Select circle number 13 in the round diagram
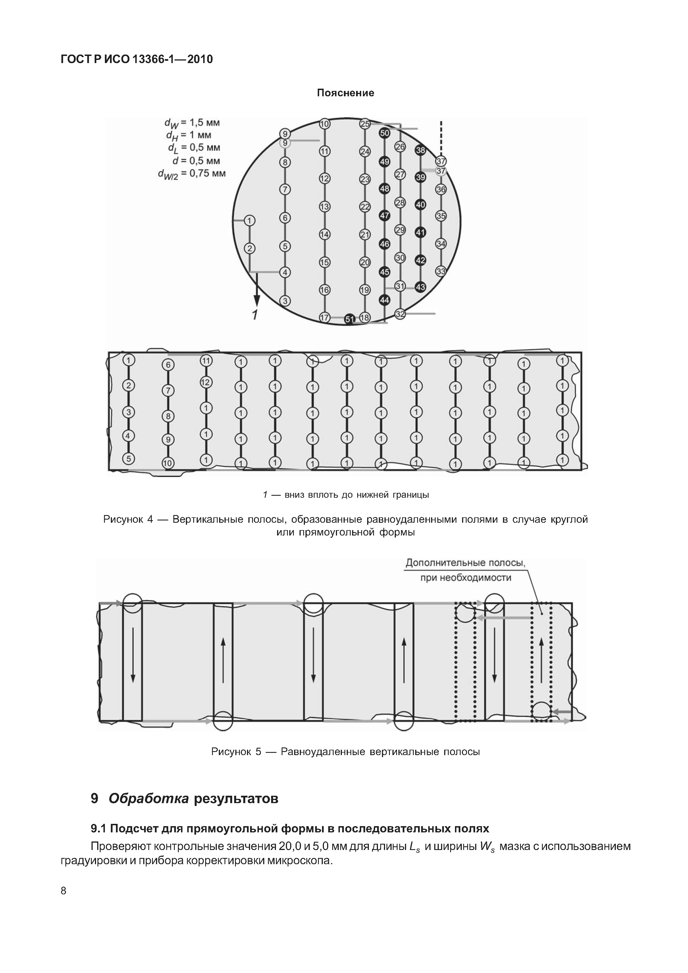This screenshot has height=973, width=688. tap(324, 207)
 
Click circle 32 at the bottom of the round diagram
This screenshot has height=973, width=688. tap(400, 314)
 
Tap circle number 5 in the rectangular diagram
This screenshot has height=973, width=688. tap(128, 459)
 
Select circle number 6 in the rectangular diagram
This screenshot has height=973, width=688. tap(168, 365)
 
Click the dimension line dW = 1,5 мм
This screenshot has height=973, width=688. tap(192, 123)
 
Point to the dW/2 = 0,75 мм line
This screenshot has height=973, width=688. tap(192, 174)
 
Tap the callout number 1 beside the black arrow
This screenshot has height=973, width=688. tap(254, 315)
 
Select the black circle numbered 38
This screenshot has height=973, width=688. tap(420, 151)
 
